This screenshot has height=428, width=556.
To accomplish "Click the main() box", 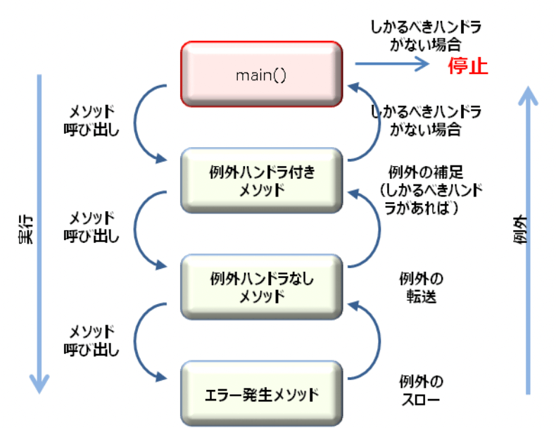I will (261, 74).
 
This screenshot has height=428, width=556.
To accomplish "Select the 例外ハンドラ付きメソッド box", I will (261, 180).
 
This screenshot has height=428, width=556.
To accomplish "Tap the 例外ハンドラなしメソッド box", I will (261, 287).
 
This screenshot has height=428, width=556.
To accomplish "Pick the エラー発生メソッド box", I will (261, 393).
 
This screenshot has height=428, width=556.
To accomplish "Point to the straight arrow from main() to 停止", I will (391, 65).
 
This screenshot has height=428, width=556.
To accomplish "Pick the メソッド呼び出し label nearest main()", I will (91, 121).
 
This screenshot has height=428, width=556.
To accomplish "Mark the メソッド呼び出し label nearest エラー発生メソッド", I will (91, 339).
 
